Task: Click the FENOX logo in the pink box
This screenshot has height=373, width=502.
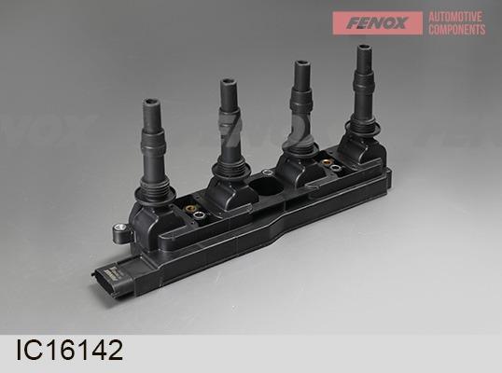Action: [377, 23]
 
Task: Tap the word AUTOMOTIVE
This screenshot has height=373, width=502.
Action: [455, 17]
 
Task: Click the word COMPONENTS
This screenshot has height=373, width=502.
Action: [457, 30]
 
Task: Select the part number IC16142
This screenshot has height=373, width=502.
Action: [69, 350]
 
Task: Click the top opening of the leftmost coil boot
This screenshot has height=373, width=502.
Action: [151, 103]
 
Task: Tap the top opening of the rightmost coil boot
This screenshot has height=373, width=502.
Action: [365, 48]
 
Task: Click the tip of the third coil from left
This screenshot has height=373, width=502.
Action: [301, 64]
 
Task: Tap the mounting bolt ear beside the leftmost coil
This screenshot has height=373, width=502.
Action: [121, 231]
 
